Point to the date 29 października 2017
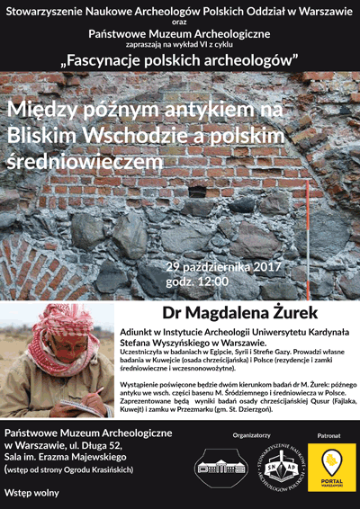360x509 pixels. click(224, 267)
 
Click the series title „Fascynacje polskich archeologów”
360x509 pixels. click(180, 60)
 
